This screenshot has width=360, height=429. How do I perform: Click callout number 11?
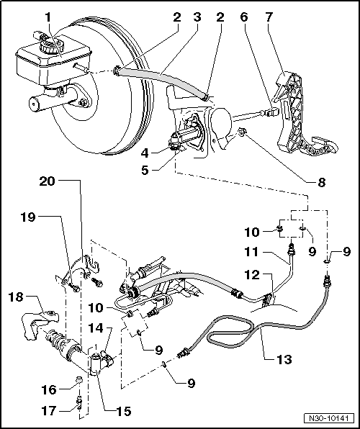coord(252,252)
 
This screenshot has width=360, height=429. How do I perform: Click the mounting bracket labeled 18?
coord(40,317)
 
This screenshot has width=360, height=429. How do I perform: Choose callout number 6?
coord(246,16)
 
